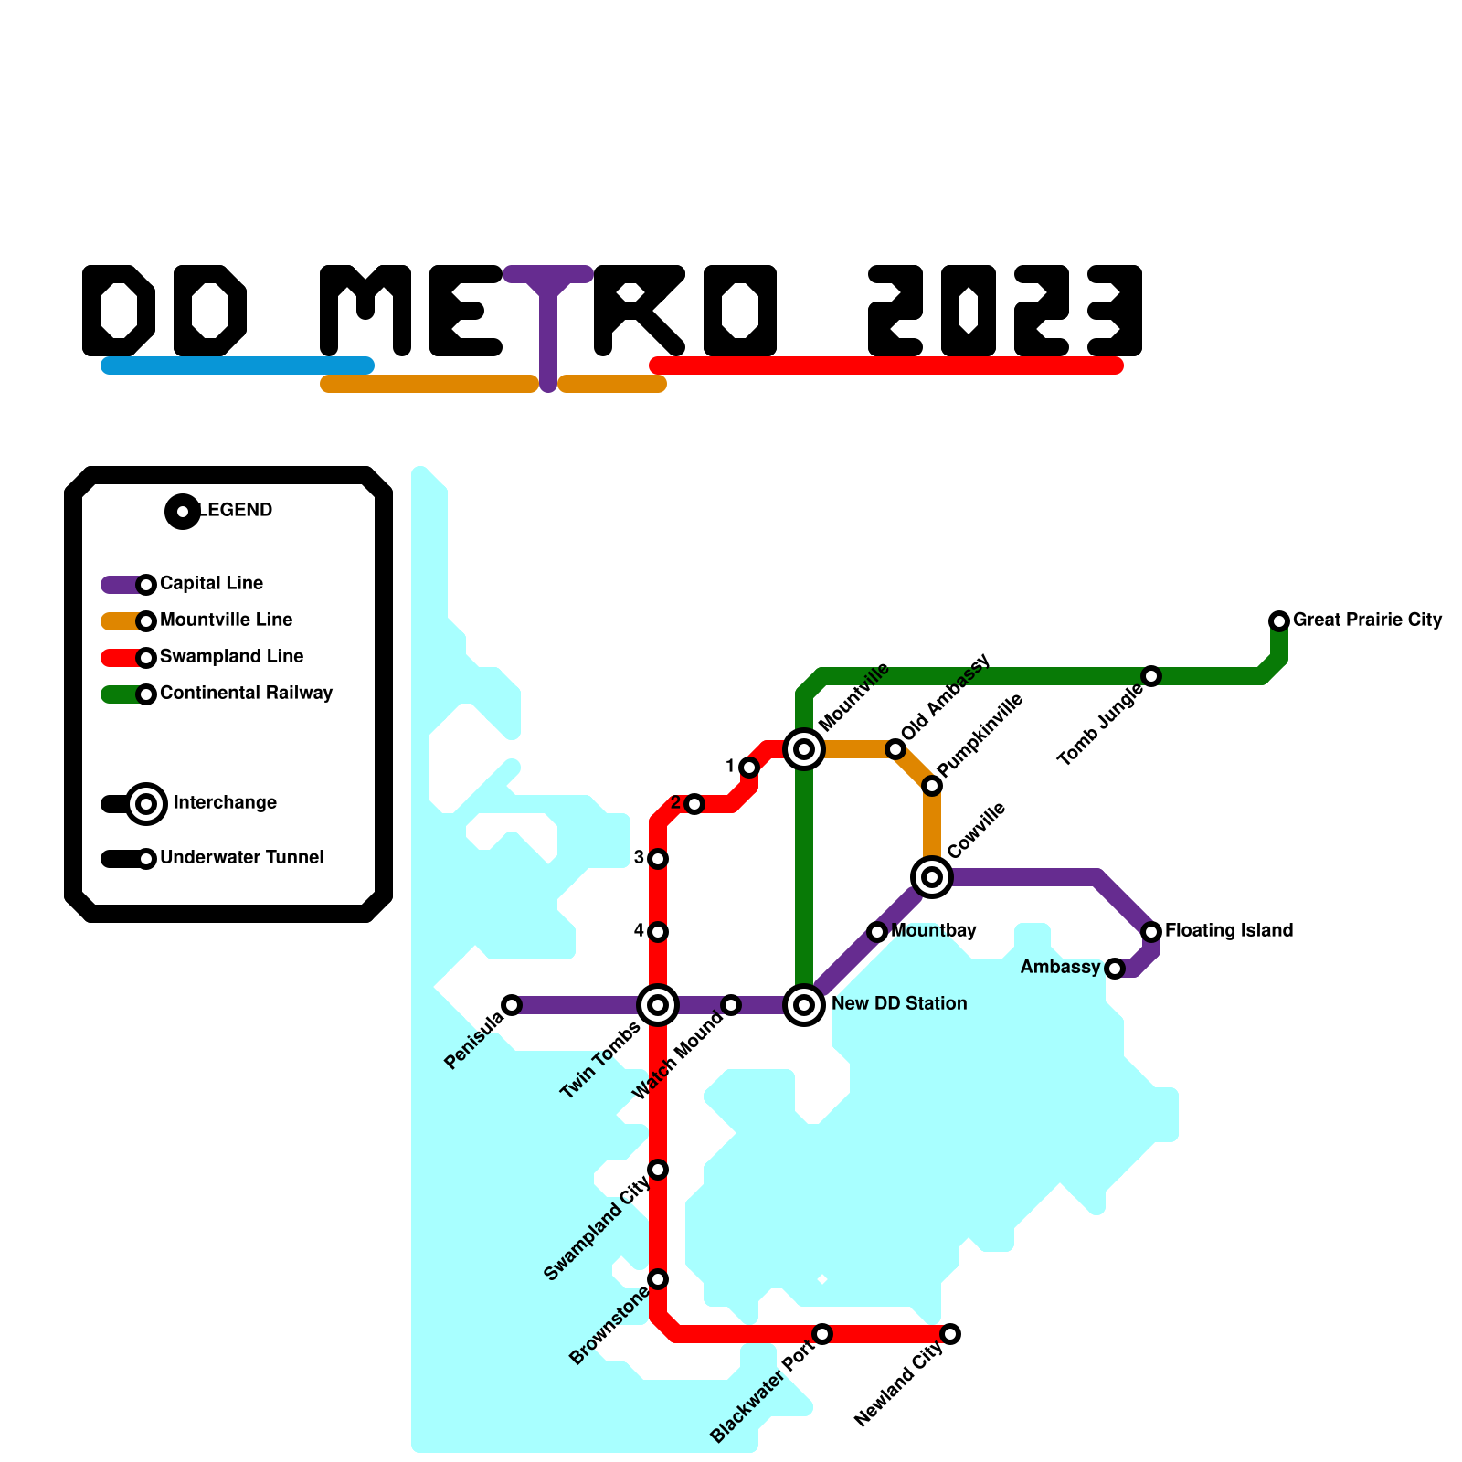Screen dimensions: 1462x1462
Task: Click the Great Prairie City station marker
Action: click(1279, 621)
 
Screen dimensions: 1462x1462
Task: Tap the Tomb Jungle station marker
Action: click(1151, 676)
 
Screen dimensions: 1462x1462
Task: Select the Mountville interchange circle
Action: click(804, 749)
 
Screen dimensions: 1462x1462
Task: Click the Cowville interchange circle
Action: click(932, 877)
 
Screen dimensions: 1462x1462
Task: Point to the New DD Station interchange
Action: click(804, 1005)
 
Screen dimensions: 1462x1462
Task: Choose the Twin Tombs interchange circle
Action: click(658, 1005)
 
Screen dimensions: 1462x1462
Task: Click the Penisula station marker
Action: click(512, 1005)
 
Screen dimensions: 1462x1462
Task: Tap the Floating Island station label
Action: click(1229, 931)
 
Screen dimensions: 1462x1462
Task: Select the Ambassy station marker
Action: click(1115, 969)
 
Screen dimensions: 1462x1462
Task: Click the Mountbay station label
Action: click(934, 931)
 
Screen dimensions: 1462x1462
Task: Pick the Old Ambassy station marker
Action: click(895, 749)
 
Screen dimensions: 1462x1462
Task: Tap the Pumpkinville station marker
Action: click(932, 786)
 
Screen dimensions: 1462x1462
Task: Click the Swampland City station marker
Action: click(658, 1170)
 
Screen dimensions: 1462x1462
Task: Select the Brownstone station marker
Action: click(658, 1279)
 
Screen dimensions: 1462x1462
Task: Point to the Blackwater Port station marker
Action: click(822, 1334)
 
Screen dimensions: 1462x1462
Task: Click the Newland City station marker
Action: click(950, 1334)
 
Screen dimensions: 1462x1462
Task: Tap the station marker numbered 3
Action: click(658, 859)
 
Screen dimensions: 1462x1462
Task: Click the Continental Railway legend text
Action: click(246, 694)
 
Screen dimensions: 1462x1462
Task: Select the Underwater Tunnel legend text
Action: click(241, 858)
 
